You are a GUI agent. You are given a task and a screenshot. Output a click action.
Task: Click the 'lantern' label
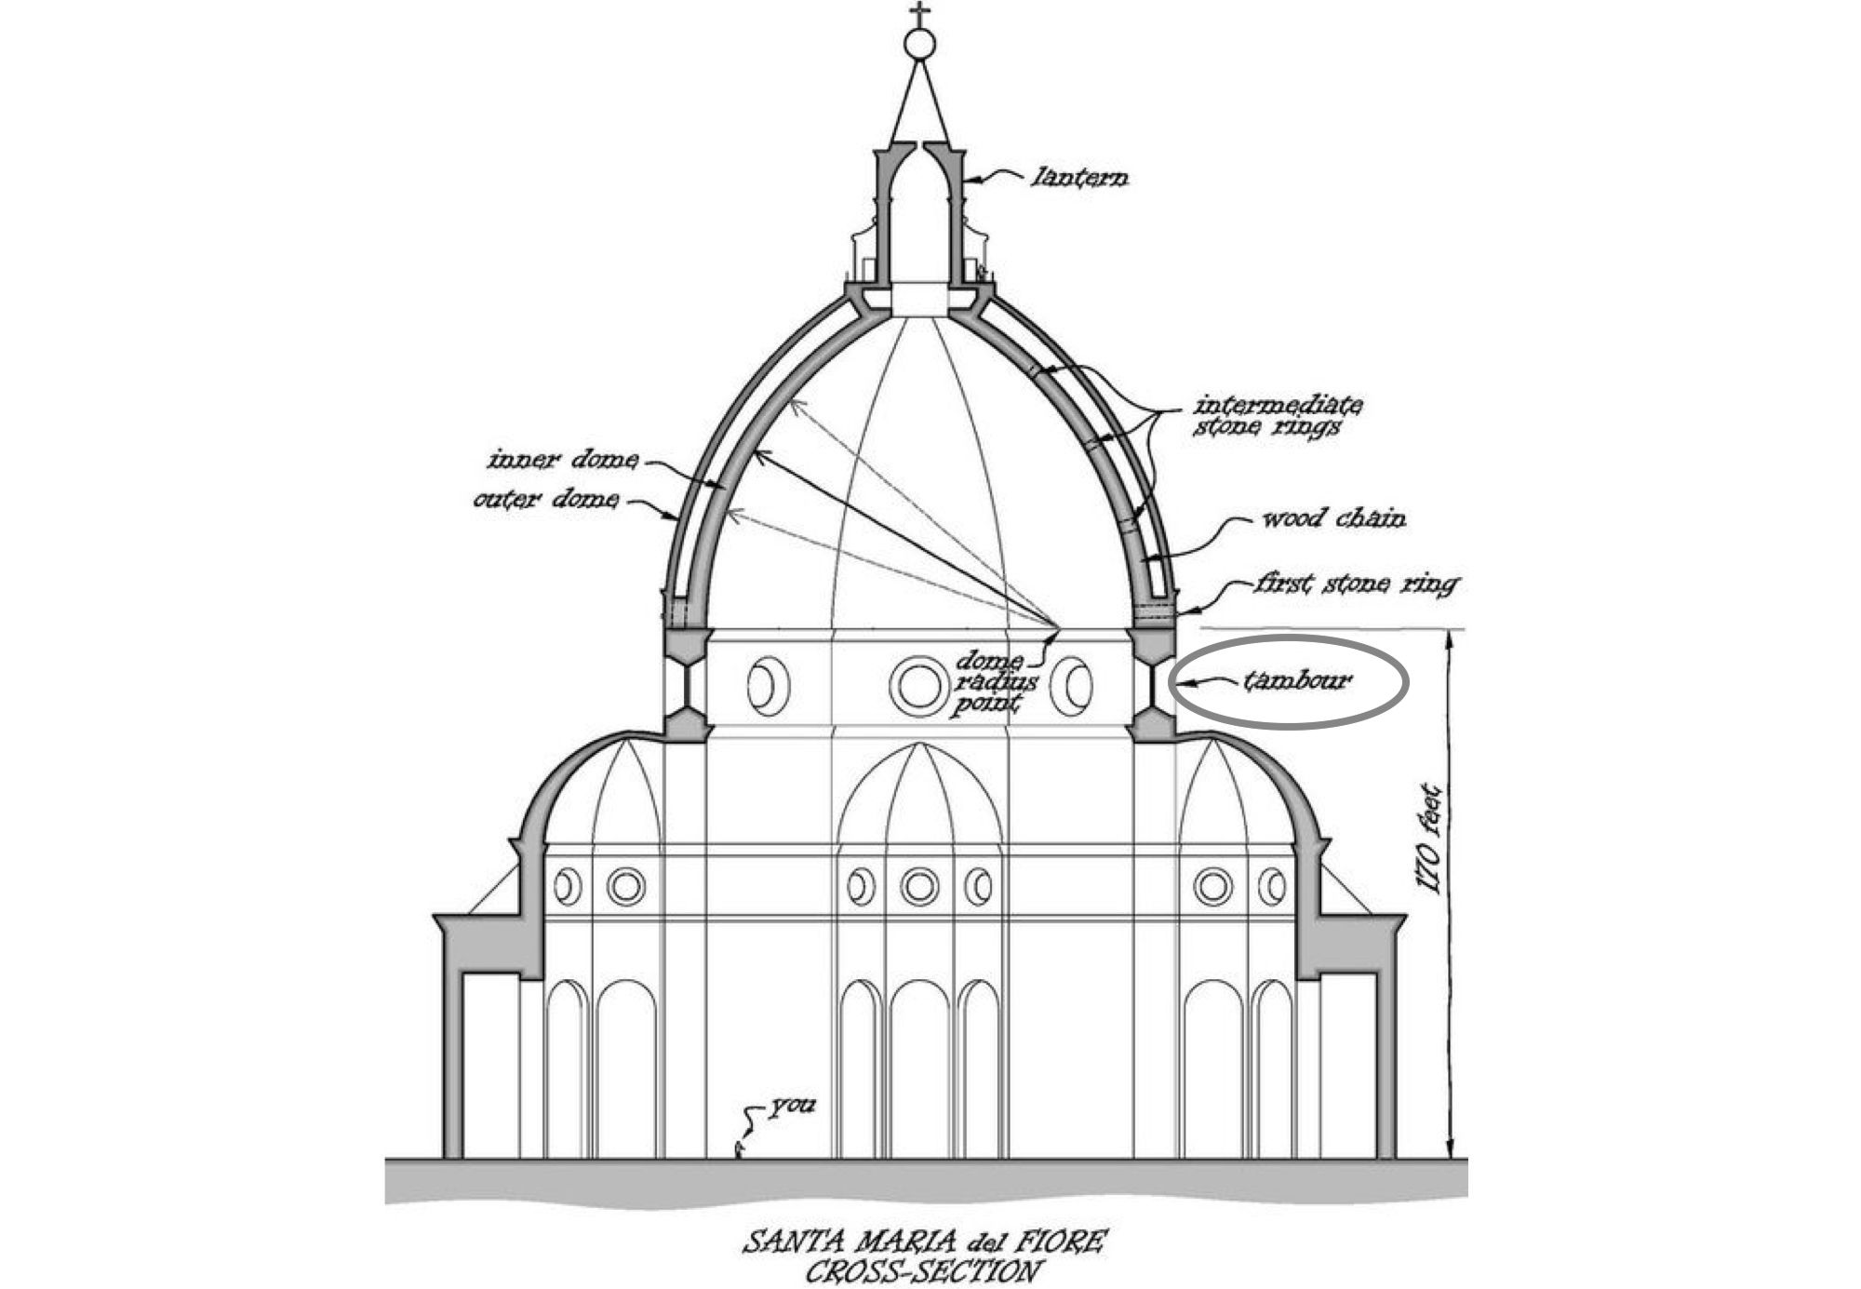[x=1080, y=177]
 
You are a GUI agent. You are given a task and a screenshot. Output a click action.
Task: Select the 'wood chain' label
[x=1332, y=517]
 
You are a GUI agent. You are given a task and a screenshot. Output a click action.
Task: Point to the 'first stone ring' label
[x=1357, y=584]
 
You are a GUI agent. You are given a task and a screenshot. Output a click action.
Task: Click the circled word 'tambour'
[x=1298, y=680]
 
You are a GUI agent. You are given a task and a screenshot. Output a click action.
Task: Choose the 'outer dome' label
[x=545, y=500]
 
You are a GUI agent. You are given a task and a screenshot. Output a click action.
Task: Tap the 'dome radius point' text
[x=990, y=683]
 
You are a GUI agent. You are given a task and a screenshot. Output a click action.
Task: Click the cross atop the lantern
[x=920, y=15]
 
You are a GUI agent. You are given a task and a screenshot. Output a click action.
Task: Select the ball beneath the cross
[x=920, y=43]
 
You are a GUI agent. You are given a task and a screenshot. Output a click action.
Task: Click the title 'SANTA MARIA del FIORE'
[x=925, y=1242]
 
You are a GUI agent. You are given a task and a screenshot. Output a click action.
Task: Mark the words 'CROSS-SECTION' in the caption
[x=919, y=1271]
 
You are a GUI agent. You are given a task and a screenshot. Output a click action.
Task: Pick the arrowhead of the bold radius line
[x=761, y=454]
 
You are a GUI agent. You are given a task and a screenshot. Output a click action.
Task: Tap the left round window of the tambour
[x=769, y=686]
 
